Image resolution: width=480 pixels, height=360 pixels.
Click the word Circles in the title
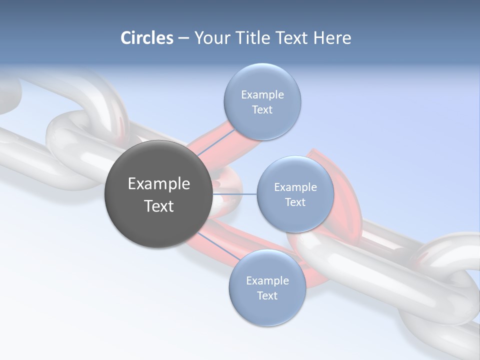(147, 38)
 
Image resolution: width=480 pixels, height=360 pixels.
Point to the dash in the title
(183, 38)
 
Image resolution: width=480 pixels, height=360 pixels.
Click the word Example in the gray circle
(159, 184)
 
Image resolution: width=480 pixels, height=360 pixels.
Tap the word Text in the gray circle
(159, 206)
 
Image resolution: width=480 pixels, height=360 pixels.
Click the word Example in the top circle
(262, 95)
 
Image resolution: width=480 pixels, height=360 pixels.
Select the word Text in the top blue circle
(262, 110)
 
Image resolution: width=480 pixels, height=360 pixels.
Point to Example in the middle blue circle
(295, 187)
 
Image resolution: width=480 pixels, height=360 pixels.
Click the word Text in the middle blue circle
(295, 202)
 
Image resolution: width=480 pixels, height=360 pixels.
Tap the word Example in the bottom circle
(267, 281)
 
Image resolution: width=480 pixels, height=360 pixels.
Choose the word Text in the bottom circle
(267, 296)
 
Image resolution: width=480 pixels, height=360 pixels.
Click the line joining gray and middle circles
(235, 194)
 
